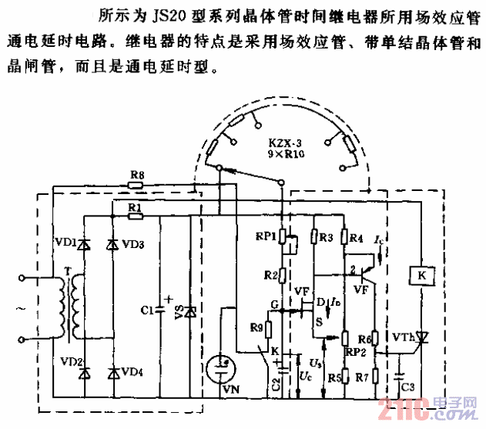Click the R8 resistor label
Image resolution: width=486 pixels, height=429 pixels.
pyautogui.click(x=136, y=176)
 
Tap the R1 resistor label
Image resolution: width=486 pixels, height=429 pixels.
pyautogui.click(x=135, y=209)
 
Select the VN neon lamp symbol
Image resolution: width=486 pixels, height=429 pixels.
pyautogui.click(x=223, y=369)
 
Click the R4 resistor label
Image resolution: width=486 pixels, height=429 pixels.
pyautogui.click(x=356, y=239)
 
